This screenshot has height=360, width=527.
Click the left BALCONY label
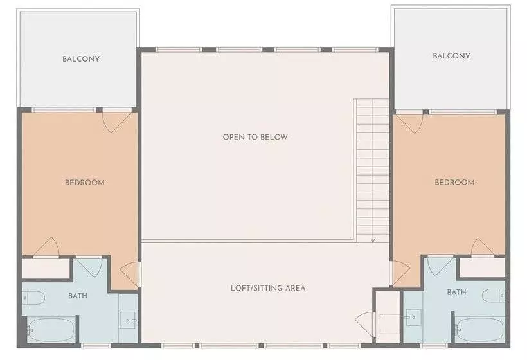(81, 59)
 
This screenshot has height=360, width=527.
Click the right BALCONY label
(451, 56)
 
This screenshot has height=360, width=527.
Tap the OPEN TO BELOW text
(255, 137)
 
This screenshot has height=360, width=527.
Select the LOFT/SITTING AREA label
(268, 287)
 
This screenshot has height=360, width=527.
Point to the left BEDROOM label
(85, 183)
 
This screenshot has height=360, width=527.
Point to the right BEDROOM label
(454, 183)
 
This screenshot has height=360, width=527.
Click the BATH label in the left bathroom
(78, 296)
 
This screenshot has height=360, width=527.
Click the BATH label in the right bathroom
(456, 292)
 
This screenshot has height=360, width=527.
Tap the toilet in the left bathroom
(33, 297)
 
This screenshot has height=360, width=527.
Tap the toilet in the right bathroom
(494, 295)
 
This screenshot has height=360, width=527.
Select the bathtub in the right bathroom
(479, 329)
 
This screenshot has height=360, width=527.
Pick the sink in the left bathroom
(129, 318)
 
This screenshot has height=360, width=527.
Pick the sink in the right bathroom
(411, 316)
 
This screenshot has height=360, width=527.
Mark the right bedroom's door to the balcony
(409, 122)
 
